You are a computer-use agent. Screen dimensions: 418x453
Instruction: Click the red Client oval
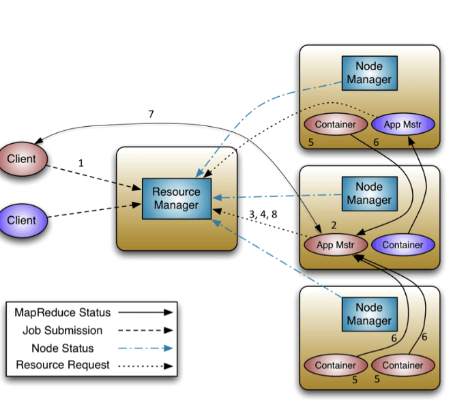[x=21, y=159]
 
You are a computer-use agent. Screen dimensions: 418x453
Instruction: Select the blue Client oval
[x=21, y=220]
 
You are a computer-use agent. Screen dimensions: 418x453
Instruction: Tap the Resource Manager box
[x=177, y=198]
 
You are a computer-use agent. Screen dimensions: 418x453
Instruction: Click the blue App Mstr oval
[x=401, y=125]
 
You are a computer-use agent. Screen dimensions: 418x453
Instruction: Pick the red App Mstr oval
[x=336, y=245]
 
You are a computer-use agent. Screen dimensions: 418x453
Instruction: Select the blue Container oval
[x=403, y=245]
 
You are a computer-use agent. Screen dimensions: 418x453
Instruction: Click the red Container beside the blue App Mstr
[x=336, y=125]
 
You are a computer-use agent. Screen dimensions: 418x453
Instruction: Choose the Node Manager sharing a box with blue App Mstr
[x=369, y=73]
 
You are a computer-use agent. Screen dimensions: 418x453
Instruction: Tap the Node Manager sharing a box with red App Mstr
[x=369, y=193]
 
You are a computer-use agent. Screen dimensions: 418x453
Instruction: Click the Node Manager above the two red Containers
[x=369, y=314]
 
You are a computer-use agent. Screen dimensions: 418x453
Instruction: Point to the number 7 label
[x=151, y=114]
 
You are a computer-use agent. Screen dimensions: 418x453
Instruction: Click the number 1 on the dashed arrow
[x=81, y=164]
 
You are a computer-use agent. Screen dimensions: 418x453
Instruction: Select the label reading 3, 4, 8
[x=263, y=214]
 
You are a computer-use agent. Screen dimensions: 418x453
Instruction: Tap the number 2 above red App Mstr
[x=334, y=225]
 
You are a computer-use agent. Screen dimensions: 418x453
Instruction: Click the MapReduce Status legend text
[x=62, y=313]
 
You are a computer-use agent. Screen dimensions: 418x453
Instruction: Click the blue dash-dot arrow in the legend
[x=145, y=348]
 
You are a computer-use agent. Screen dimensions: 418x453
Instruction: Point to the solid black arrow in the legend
[x=145, y=313]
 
